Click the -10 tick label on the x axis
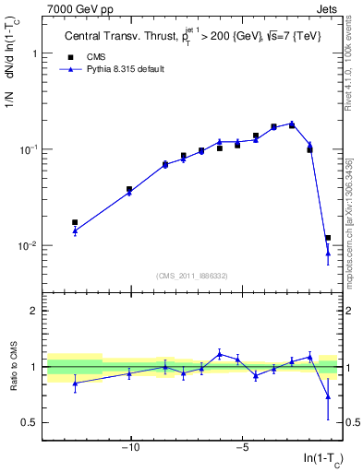point(130,449)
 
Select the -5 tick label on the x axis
point(242,449)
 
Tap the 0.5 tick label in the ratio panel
point(30,422)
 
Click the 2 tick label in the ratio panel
point(35,312)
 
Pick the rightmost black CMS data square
point(328,238)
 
